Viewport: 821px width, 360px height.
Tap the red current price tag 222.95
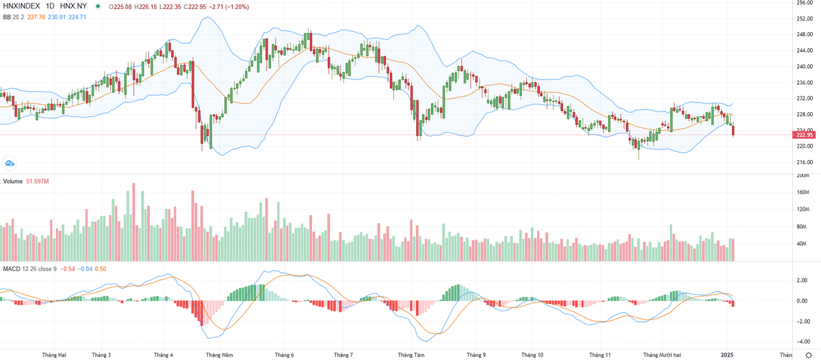(805, 136)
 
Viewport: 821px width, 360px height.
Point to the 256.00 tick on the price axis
(805, 3)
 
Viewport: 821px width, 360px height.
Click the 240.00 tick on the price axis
(805, 66)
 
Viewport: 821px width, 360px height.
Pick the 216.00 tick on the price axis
(805, 162)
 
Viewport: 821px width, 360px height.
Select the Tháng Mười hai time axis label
(661, 355)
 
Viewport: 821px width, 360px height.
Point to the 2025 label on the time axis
(727, 355)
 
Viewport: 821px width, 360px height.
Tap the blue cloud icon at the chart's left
(10, 163)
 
